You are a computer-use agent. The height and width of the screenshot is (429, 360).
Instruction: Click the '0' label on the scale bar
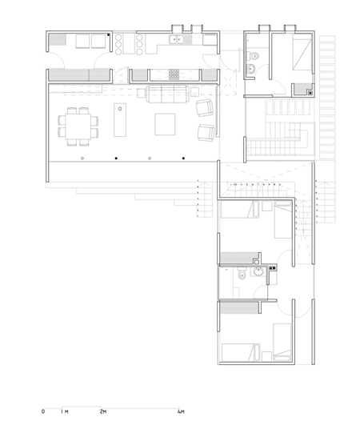click(43, 411)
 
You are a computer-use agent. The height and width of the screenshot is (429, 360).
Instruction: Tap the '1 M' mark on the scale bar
click(66, 411)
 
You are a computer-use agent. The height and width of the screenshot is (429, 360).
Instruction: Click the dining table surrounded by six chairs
click(78, 125)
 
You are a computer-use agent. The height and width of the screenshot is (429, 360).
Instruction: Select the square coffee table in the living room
click(166, 124)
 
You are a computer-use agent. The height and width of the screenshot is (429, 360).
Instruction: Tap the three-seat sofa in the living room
click(165, 96)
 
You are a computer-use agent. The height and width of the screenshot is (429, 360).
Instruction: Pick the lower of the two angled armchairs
click(206, 133)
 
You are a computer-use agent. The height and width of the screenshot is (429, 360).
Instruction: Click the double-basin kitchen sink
click(176, 39)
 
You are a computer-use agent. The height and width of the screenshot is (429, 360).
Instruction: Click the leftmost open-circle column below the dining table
click(82, 159)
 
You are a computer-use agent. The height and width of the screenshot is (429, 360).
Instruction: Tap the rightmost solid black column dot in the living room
click(183, 159)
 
